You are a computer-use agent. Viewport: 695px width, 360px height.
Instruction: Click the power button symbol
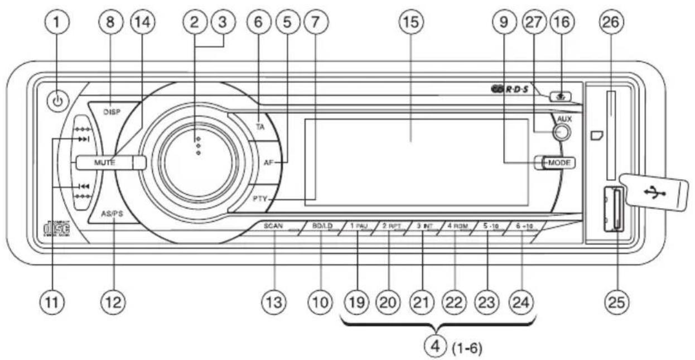pos(60,102)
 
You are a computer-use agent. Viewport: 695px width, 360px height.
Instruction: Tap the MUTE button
pos(105,162)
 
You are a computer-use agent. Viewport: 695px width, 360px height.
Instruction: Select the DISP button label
pos(112,112)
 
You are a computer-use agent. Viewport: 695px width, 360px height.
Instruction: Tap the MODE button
pos(557,162)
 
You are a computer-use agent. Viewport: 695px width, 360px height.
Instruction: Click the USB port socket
pos(613,210)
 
